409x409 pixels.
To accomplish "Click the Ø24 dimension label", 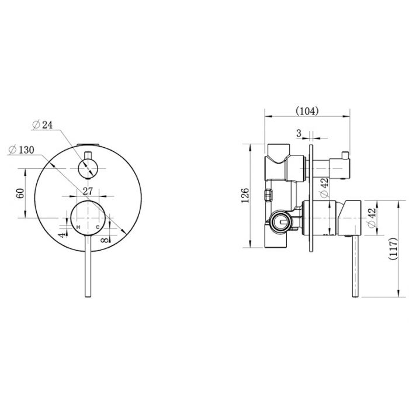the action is [42, 125].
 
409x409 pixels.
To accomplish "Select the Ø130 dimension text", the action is [22, 150].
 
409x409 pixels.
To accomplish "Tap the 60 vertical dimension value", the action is [20, 193].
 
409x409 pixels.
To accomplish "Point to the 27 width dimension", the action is [88, 191].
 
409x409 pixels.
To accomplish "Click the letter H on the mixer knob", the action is [78, 227].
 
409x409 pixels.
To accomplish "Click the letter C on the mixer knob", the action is [98, 227].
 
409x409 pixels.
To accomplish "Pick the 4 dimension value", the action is [61, 235].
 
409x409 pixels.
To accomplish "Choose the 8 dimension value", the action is [105, 240].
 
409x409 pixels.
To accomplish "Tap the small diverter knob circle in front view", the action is [88, 168].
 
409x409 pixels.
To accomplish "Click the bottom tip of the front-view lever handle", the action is [88, 297].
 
